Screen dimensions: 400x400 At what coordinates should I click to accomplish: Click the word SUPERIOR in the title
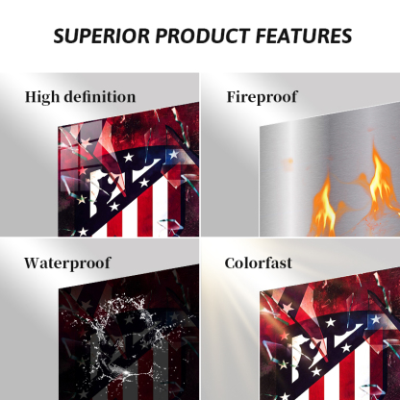pos(101,36)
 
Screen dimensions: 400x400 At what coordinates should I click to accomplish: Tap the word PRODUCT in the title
pos(203,36)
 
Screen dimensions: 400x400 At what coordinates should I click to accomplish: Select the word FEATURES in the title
pos(304,36)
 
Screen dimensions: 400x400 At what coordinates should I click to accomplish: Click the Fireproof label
pos(262,97)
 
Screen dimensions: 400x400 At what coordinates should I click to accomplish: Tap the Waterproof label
pos(67,263)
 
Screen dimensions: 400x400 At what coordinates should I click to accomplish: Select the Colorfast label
pos(259,263)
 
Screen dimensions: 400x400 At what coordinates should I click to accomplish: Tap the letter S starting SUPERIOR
pos(60,36)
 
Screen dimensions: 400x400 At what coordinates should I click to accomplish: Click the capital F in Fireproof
pos(232,97)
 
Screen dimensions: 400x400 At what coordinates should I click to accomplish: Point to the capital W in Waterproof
pos(33,263)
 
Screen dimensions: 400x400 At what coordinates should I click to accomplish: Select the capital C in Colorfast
pos(230,263)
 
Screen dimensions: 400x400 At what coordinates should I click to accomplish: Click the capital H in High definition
pos(32,97)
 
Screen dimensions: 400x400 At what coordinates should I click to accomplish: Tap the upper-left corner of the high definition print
pos(59,127)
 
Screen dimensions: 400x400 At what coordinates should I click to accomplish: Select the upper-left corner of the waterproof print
pos(59,290)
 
